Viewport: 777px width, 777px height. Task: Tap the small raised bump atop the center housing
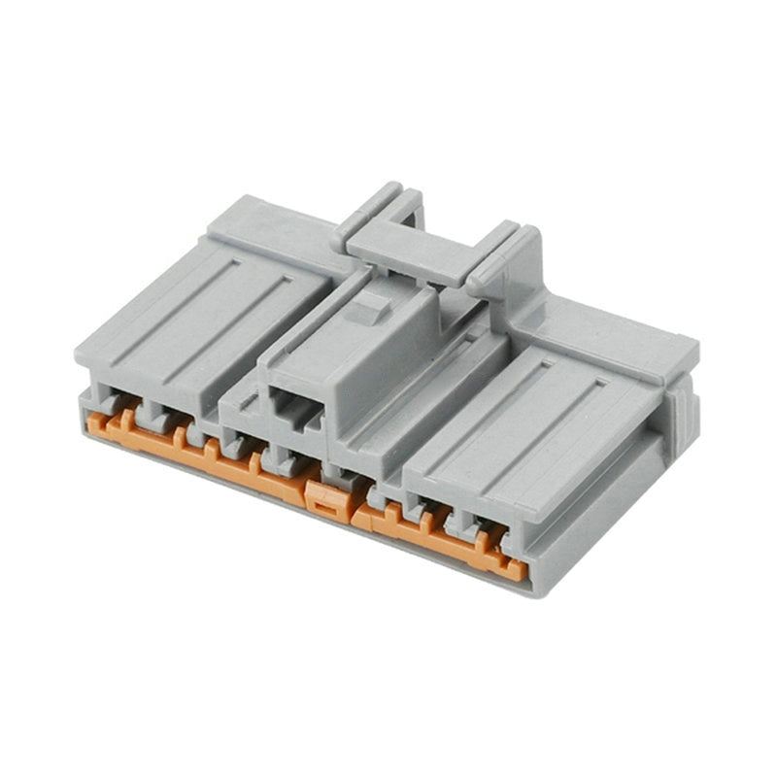pyautogui.click(x=367, y=309)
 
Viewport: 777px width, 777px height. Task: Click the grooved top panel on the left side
pyautogui.click(x=209, y=311)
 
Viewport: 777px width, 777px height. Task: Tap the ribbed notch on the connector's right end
pyautogui.click(x=681, y=408)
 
